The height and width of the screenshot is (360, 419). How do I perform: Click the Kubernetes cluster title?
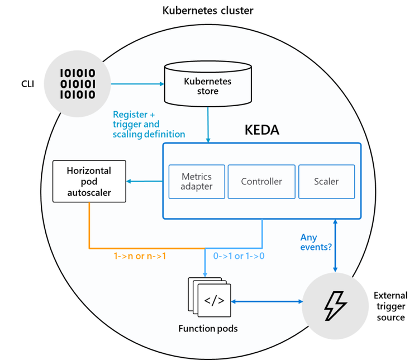pyautogui.click(x=207, y=10)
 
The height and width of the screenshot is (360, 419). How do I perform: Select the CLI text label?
pyautogui.click(x=28, y=84)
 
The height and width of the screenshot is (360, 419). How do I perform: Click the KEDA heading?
pyautogui.click(x=261, y=130)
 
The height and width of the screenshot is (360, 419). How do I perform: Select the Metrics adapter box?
pyautogui.click(x=197, y=181)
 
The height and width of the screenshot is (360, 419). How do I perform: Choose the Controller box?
pyautogui.click(x=261, y=181)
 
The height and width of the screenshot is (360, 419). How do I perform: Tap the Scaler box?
pyautogui.click(x=326, y=181)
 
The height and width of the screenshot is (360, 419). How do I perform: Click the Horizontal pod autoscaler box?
pyautogui.click(x=89, y=182)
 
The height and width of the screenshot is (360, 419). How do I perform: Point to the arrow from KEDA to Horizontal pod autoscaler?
pyautogui.click(x=144, y=181)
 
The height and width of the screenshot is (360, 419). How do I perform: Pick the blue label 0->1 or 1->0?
pyautogui.click(x=239, y=257)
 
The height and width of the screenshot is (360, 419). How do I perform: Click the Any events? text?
pyautogui.click(x=316, y=241)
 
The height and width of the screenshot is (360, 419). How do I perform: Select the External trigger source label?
pyautogui.click(x=390, y=306)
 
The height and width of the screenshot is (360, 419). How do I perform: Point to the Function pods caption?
pyautogui.click(x=207, y=329)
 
